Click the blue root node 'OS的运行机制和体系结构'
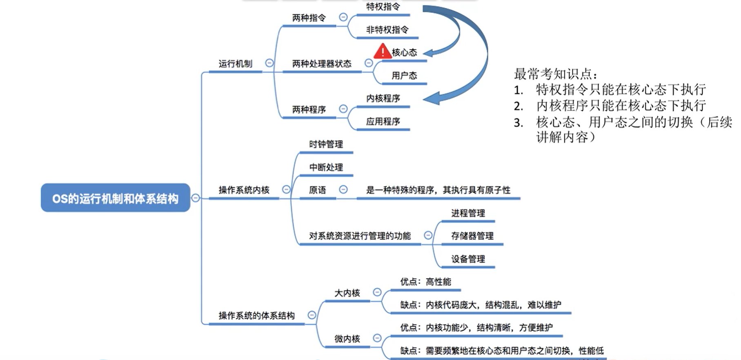pos(115,198)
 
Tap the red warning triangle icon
pos(382,52)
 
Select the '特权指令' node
pos(383,7)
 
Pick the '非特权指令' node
pos(387,30)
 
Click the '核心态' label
pos(404,53)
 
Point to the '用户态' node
pos(404,76)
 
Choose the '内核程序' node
pos(383,98)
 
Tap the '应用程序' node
pos(383,121)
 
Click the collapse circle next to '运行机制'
pos(269,63)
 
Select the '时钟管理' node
pos(326,144)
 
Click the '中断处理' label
pos(326,167)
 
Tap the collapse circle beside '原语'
pos(343,189)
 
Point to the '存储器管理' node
pos(472,236)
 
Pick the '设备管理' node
pos(468,259)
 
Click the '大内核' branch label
pos(347,293)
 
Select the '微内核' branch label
pos(347,339)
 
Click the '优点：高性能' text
pos(425,282)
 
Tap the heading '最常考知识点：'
pos(555,74)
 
